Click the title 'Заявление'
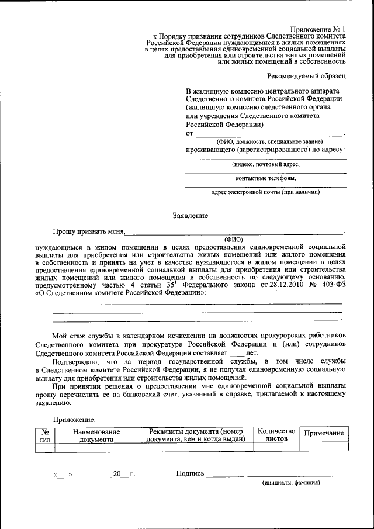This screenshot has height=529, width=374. click(190, 216)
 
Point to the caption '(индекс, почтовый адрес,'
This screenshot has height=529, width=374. click(266, 165)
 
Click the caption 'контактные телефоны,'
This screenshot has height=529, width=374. click(266, 178)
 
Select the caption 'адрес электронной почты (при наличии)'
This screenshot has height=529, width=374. click(266, 192)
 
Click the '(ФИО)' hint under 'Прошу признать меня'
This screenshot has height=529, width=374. click(234, 239)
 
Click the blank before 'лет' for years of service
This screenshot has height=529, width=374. click(237, 354)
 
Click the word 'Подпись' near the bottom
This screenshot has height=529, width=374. click(190, 473)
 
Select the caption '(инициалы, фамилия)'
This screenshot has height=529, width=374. click(291, 484)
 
